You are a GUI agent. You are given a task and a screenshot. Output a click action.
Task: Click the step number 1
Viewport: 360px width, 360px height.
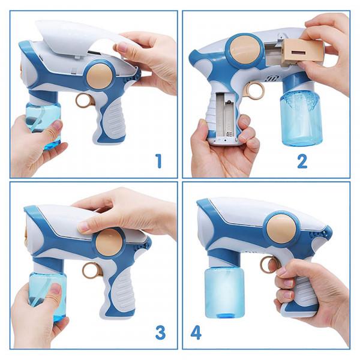click(158, 161)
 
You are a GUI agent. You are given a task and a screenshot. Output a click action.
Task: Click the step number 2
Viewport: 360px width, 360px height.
click(302, 161)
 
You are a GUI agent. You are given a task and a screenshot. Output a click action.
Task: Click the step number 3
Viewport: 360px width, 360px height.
click(160, 332)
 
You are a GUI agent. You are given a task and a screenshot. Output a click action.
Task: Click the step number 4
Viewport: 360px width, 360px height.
click(196, 332)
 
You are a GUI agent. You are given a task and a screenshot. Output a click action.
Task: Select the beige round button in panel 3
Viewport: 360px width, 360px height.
click(109, 242)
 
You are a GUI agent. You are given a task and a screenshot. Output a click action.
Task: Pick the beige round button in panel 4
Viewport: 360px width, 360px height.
click(281, 229)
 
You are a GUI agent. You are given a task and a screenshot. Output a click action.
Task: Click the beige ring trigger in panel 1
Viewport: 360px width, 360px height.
click(84, 101)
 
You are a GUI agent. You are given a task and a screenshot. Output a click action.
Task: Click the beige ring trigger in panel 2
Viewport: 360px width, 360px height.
click(254, 90)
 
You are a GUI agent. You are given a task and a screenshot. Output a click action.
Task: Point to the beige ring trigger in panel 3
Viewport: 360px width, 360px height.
click(91, 270)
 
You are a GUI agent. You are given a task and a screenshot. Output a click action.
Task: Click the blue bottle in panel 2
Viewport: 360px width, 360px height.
click(301, 118)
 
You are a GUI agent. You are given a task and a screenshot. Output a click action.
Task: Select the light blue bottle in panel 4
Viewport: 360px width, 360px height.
click(224, 293)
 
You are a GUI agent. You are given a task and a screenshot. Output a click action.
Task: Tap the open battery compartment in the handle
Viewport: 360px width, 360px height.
click(226, 116)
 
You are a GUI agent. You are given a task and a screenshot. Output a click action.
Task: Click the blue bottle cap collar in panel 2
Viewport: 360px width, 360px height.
click(298, 82)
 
